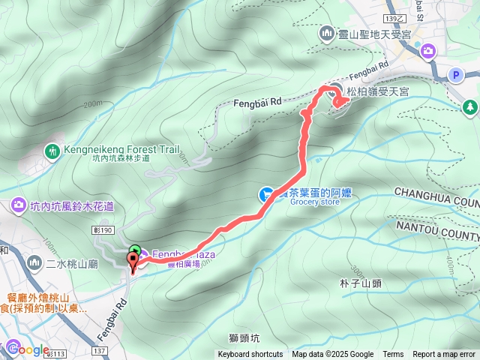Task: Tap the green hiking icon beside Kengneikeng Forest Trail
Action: coord(52,150)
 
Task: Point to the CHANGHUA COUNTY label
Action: coord(435,202)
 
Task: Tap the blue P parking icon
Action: coord(455,74)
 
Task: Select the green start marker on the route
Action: coord(134,250)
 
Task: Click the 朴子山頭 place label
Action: coord(361,283)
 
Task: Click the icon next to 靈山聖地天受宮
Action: coord(327,33)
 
